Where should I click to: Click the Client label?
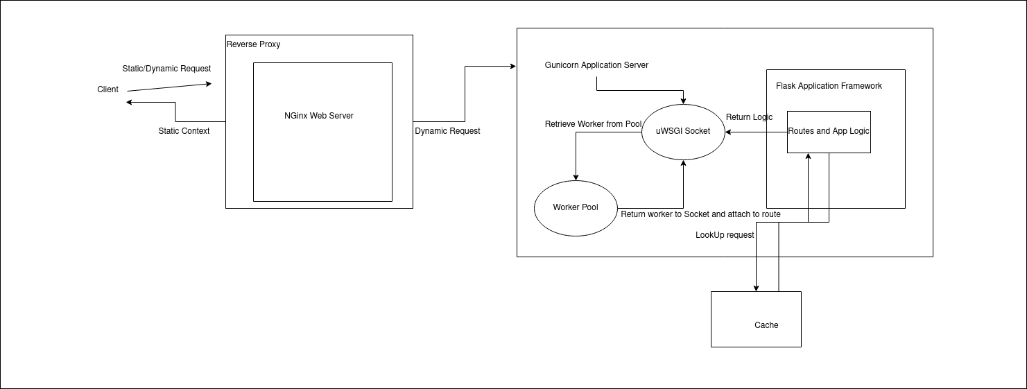[107, 89]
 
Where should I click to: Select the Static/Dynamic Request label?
[166, 69]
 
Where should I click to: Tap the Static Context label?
[184, 131]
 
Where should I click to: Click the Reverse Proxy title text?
[254, 44]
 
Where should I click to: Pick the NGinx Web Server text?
[319, 116]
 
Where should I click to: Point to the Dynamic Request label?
[447, 131]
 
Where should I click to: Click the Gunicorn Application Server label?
[596, 65]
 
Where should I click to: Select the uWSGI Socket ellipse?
[683, 131]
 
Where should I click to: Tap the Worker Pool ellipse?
[576, 207]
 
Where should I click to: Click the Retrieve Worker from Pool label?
[593, 124]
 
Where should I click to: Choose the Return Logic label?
[749, 117]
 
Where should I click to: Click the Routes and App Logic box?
[829, 131]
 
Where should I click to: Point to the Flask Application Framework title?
[829, 86]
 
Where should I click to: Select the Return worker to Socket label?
[700, 214]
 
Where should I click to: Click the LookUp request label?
[725, 235]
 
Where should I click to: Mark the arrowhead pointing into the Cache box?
[757, 288]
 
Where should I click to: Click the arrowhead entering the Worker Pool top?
[576, 177]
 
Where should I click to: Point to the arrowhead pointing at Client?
[130, 103]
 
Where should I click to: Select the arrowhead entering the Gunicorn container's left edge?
[513, 67]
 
